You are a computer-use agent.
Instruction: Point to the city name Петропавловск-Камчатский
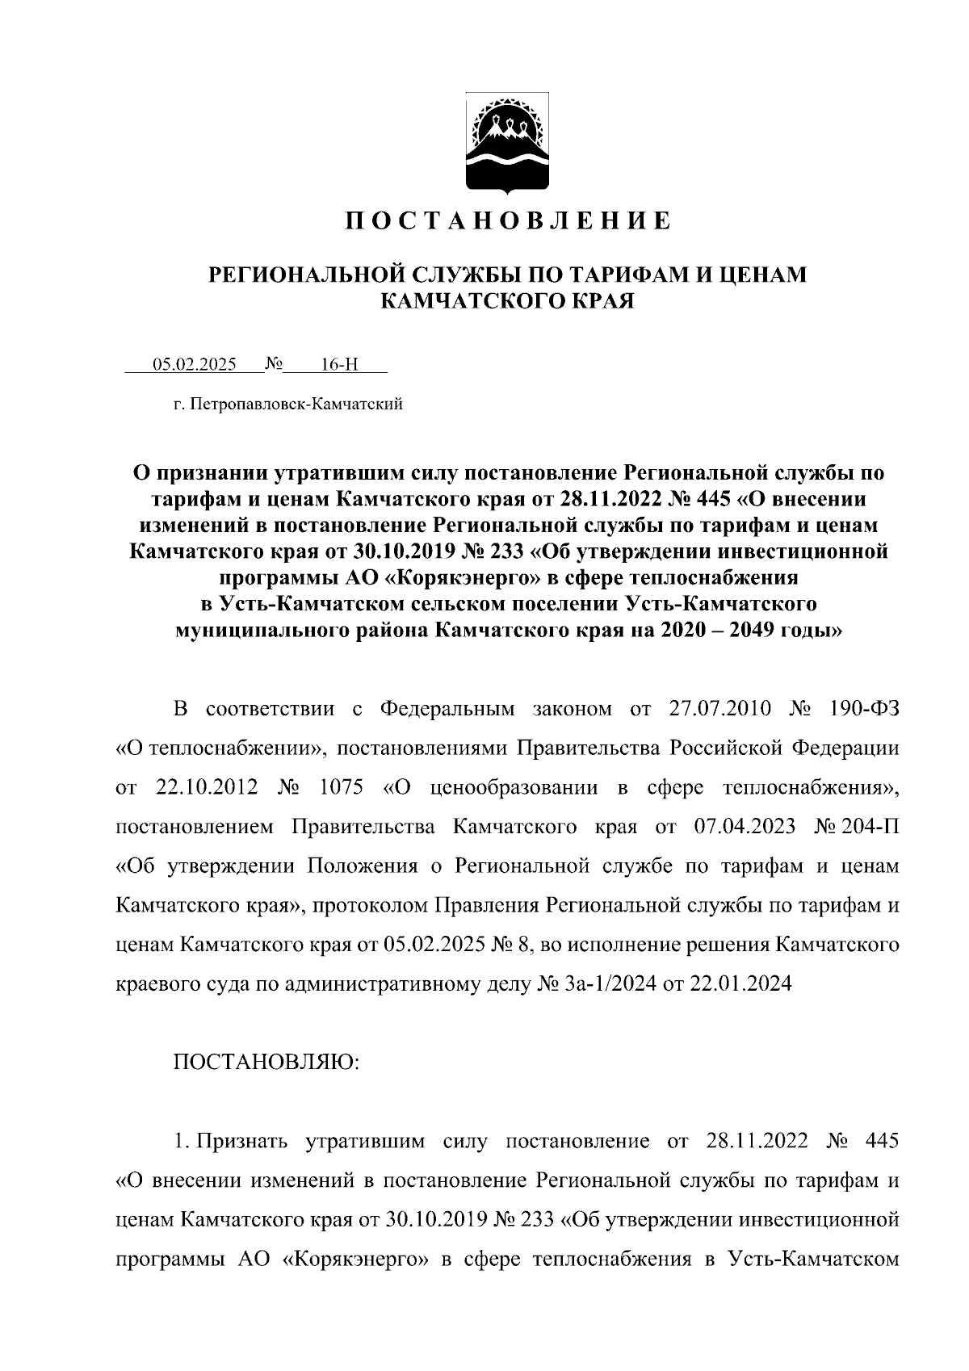tap(299, 404)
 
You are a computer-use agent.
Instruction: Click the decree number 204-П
tap(871, 828)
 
